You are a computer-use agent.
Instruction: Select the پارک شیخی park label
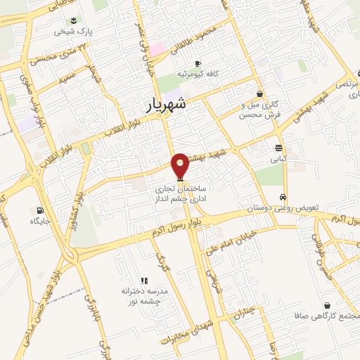click(x=75, y=32)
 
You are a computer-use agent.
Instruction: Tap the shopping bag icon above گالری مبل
click(x=259, y=94)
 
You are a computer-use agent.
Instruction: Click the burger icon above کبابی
click(x=279, y=148)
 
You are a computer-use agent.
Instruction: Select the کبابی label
click(x=280, y=159)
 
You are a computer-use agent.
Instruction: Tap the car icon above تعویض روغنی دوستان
click(x=283, y=198)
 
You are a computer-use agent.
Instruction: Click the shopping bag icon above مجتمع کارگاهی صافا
click(x=327, y=305)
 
